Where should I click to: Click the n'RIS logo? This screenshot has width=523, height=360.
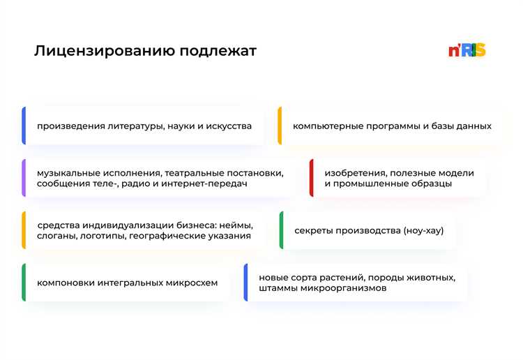click(x=467, y=50)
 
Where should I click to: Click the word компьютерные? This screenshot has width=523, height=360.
click(x=324, y=126)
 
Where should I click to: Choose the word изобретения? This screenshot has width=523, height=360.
click(x=354, y=172)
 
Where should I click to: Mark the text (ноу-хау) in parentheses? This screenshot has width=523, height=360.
click(x=423, y=230)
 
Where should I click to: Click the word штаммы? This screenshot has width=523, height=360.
click(x=278, y=287)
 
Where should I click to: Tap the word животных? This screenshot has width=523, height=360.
click(x=432, y=277)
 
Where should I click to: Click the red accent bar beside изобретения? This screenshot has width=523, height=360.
click(x=311, y=178)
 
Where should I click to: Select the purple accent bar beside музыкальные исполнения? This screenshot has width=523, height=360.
click(x=24, y=178)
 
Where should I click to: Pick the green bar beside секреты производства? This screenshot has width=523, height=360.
click(x=281, y=230)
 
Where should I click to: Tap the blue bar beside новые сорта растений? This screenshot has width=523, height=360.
click(x=245, y=283)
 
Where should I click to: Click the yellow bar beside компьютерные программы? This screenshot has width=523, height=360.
click(x=280, y=126)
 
